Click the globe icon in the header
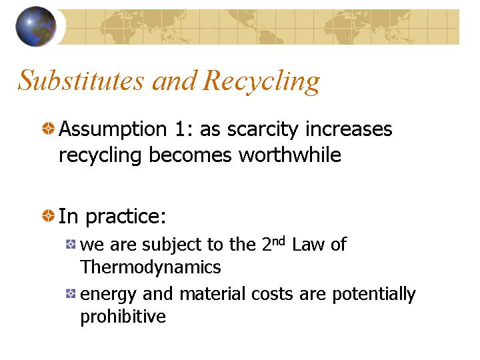(x=36, y=26)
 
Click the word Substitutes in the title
(x=81, y=80)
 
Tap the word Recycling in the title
(x=261, y=81)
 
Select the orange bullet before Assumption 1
(x=48, y=128)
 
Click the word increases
(x=349, y=129)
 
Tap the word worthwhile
(x=290, y=155)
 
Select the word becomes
(x=190, y=155)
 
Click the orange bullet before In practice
(x=48, y=215)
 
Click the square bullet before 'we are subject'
(x=71, y=244)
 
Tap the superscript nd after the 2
(x=278, y=241)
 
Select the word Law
(x=307, y=245)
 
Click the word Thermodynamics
(x=150, y=267)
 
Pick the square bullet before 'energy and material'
(x=71, y=293)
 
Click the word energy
(x=108, y=295)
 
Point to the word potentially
(x=374, y=294)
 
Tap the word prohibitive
(x=123, y=317)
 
